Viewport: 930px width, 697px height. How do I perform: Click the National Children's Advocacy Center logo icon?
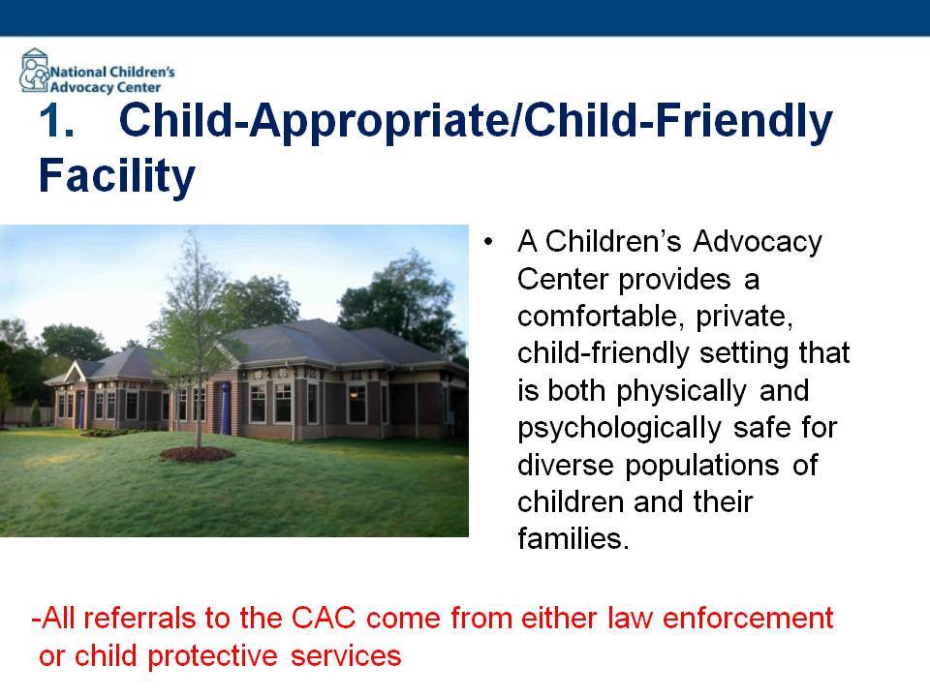[x=35, y=71]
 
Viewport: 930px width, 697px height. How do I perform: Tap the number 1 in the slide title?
[x=54, y=121]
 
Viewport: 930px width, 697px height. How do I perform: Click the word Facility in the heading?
[x=117, y=176]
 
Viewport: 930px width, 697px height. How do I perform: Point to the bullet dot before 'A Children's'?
[x=488, y=242]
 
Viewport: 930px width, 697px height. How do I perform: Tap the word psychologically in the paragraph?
[x=619, y=429]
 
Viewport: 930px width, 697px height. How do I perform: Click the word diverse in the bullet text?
[x=565, y=465]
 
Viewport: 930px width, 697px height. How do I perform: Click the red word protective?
[x=212, y=656]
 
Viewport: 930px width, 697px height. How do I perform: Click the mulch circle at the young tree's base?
[x=197, y=454]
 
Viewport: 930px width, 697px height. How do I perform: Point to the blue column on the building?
[x=226, y=408]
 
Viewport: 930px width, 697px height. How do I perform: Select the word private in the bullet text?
[x=744, y=317]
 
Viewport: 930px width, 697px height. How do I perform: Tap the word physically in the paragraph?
[x=681, y=391]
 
